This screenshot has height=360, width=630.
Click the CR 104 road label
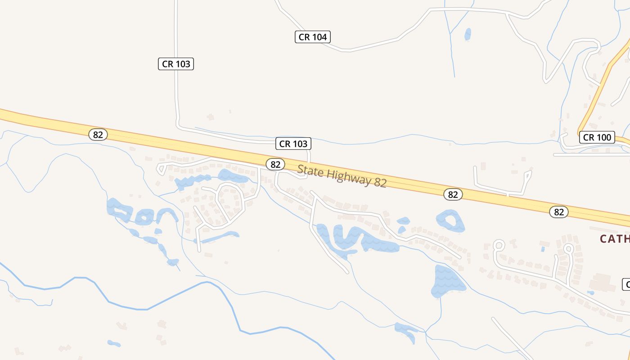click(x=313, y=37)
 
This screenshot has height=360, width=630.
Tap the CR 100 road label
click(x=597, y=137)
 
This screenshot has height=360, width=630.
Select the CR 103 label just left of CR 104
click(x=176, y=64)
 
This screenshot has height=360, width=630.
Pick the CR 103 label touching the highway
click(x=293, y=144)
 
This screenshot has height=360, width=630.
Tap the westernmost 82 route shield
click(x=98, y=134)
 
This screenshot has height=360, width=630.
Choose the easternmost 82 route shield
click(x=559, y=212)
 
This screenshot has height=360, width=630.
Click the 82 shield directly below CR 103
click(x=275, y=164)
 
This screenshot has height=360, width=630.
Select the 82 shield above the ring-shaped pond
click(x=453, y=194)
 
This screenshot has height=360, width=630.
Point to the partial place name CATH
click(x=615, y=238)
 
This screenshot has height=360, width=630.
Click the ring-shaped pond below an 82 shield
click(x=450, y=221)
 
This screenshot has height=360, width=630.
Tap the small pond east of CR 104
click(x=468, y=34)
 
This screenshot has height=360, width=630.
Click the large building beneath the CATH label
click(x=601, y=282)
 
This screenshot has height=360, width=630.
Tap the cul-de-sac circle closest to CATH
click(x=568, y=248)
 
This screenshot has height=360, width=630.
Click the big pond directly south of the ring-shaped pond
click(x=448, y=281)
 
